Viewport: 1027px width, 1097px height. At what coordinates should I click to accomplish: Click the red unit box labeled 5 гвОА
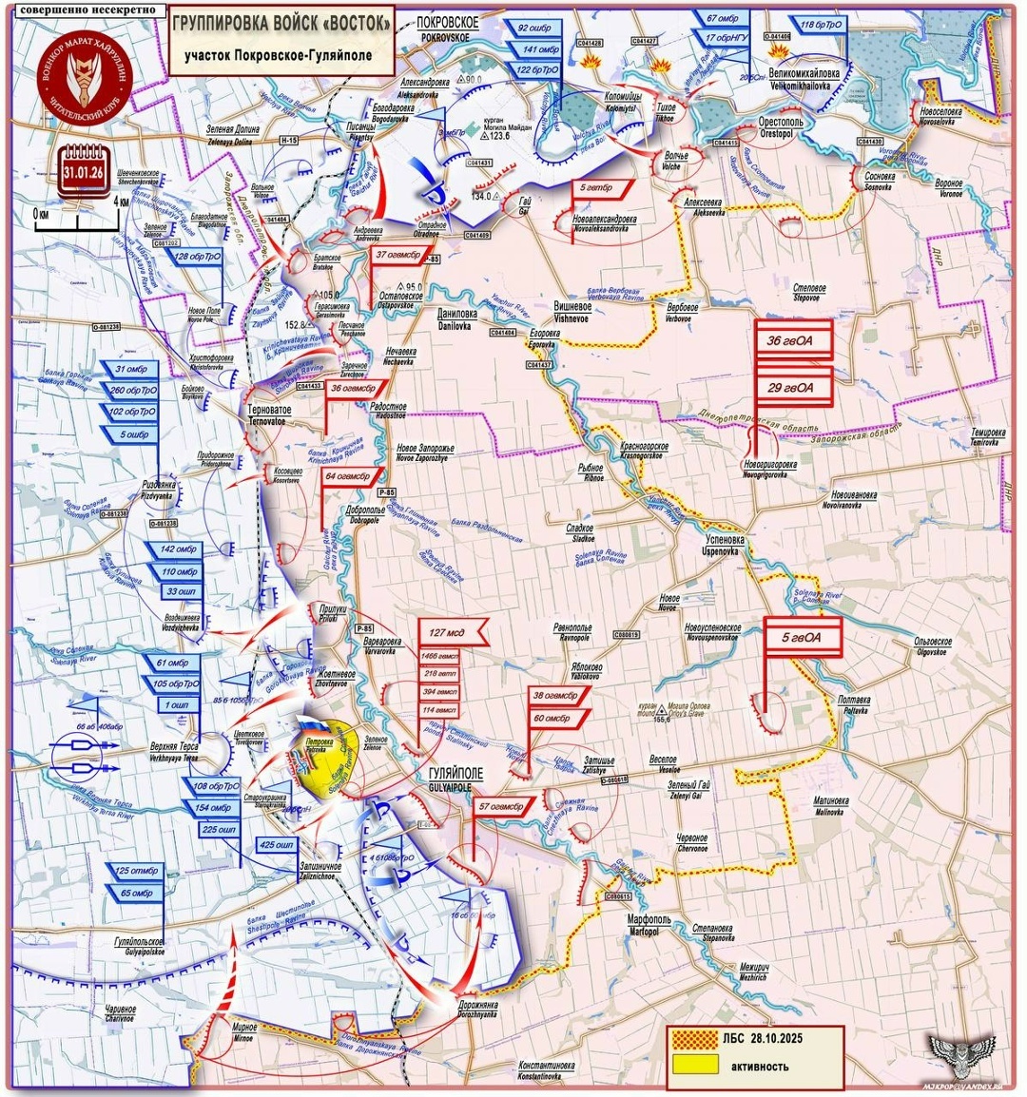point(803,638)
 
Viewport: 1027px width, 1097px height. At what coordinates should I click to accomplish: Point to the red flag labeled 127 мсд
point(451,630)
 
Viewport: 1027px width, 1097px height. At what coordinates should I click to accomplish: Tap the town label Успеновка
point(722,540)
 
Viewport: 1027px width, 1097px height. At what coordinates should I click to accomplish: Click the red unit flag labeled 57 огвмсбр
point(502,806)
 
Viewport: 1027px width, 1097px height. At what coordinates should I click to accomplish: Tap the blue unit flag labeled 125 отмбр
point(136,871)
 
